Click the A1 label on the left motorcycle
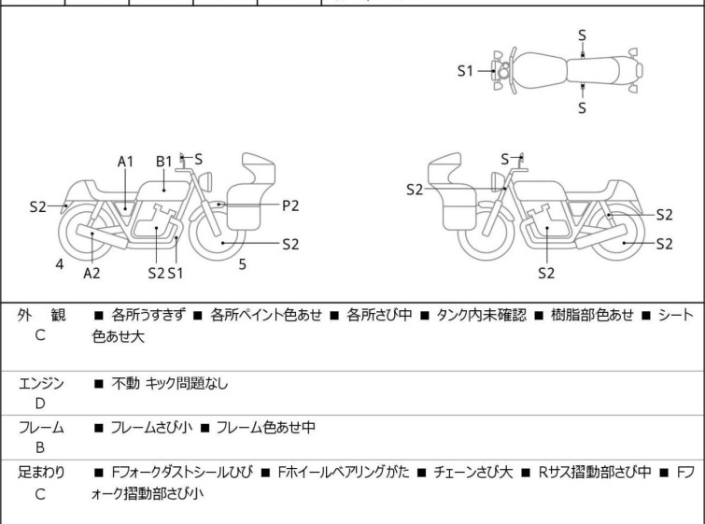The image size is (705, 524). (125, 161)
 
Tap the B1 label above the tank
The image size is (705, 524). (164, 161)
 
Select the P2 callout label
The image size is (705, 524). (290, 205)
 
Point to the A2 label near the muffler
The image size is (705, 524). (92, 273)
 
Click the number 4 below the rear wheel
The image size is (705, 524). (59, 264)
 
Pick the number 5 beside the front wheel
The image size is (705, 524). (242, 264)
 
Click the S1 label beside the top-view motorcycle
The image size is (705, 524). (466, 70)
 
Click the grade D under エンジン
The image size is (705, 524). (39, 403)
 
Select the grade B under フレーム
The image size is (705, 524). (39, 447)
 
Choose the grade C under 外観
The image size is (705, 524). (39, 334)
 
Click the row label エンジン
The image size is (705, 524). (41, 383)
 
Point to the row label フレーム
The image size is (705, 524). (41, 428)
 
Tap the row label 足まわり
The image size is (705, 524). (41, 473)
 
